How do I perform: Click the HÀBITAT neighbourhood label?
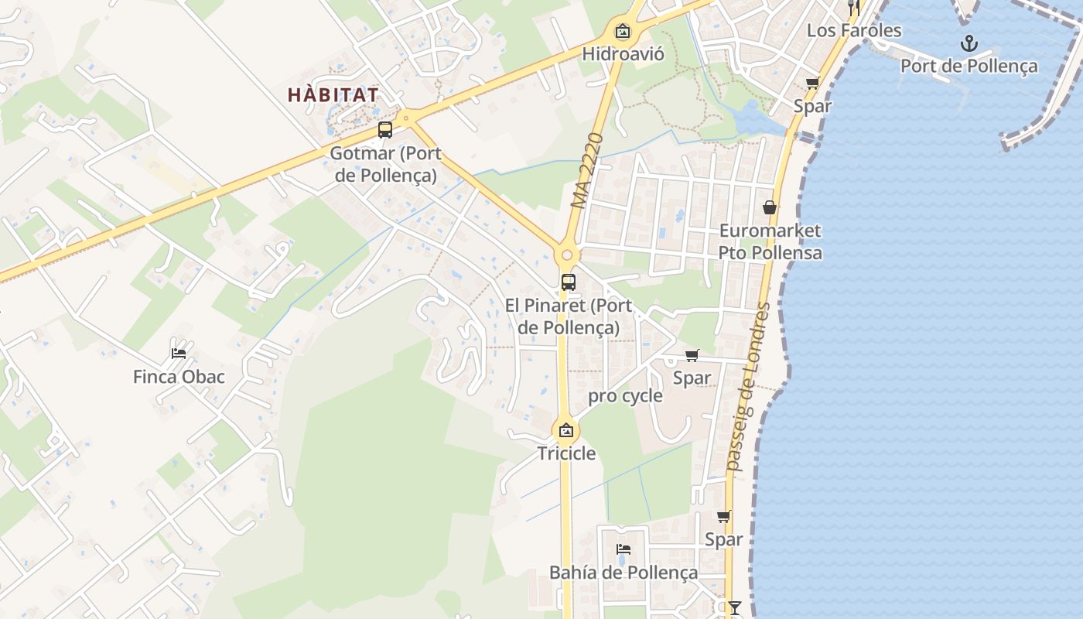point(333,95)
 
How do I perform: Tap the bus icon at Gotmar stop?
point(385,130)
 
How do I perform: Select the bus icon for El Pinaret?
point(569,282)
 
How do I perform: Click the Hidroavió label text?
point(623,54)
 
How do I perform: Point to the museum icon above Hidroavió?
point(623,32)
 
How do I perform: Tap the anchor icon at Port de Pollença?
point(969,43)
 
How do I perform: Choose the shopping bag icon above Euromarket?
point(770,207)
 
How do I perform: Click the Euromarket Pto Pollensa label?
point(770,241)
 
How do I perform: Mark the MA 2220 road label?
point(587,171)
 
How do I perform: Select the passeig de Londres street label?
point(750,387)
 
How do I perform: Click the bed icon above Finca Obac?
point(179,354)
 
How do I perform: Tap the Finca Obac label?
point(179,377)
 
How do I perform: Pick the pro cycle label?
point(625,396)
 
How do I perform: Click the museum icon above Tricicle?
point(566,430)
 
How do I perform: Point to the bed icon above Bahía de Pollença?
point(623,549)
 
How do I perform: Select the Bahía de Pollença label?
point(623,573)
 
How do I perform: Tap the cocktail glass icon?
point(734,608)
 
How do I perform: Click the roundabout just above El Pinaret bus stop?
point(567,255)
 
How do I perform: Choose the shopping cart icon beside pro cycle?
point(692,355)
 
